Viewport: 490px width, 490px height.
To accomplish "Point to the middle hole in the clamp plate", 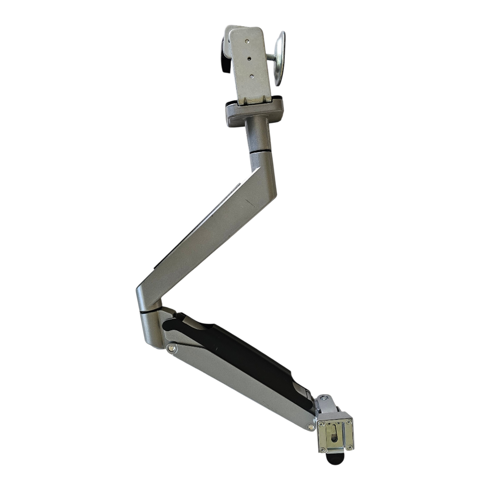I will pyautogui.click(x=249, y=58).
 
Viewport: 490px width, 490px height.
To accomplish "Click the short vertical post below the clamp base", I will pyautogui.click(x=258, y=133).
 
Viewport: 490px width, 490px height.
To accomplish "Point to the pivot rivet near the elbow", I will pyautogui.click(x=171, y=348).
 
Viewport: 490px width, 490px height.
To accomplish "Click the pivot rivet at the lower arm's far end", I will pyautogui.click(x=310, y=426).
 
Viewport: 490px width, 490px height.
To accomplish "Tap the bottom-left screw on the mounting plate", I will pyautogui.click(x=323, y=450).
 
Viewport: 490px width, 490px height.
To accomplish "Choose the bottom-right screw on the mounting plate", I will pyautogui.click(x=350, y=447).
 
